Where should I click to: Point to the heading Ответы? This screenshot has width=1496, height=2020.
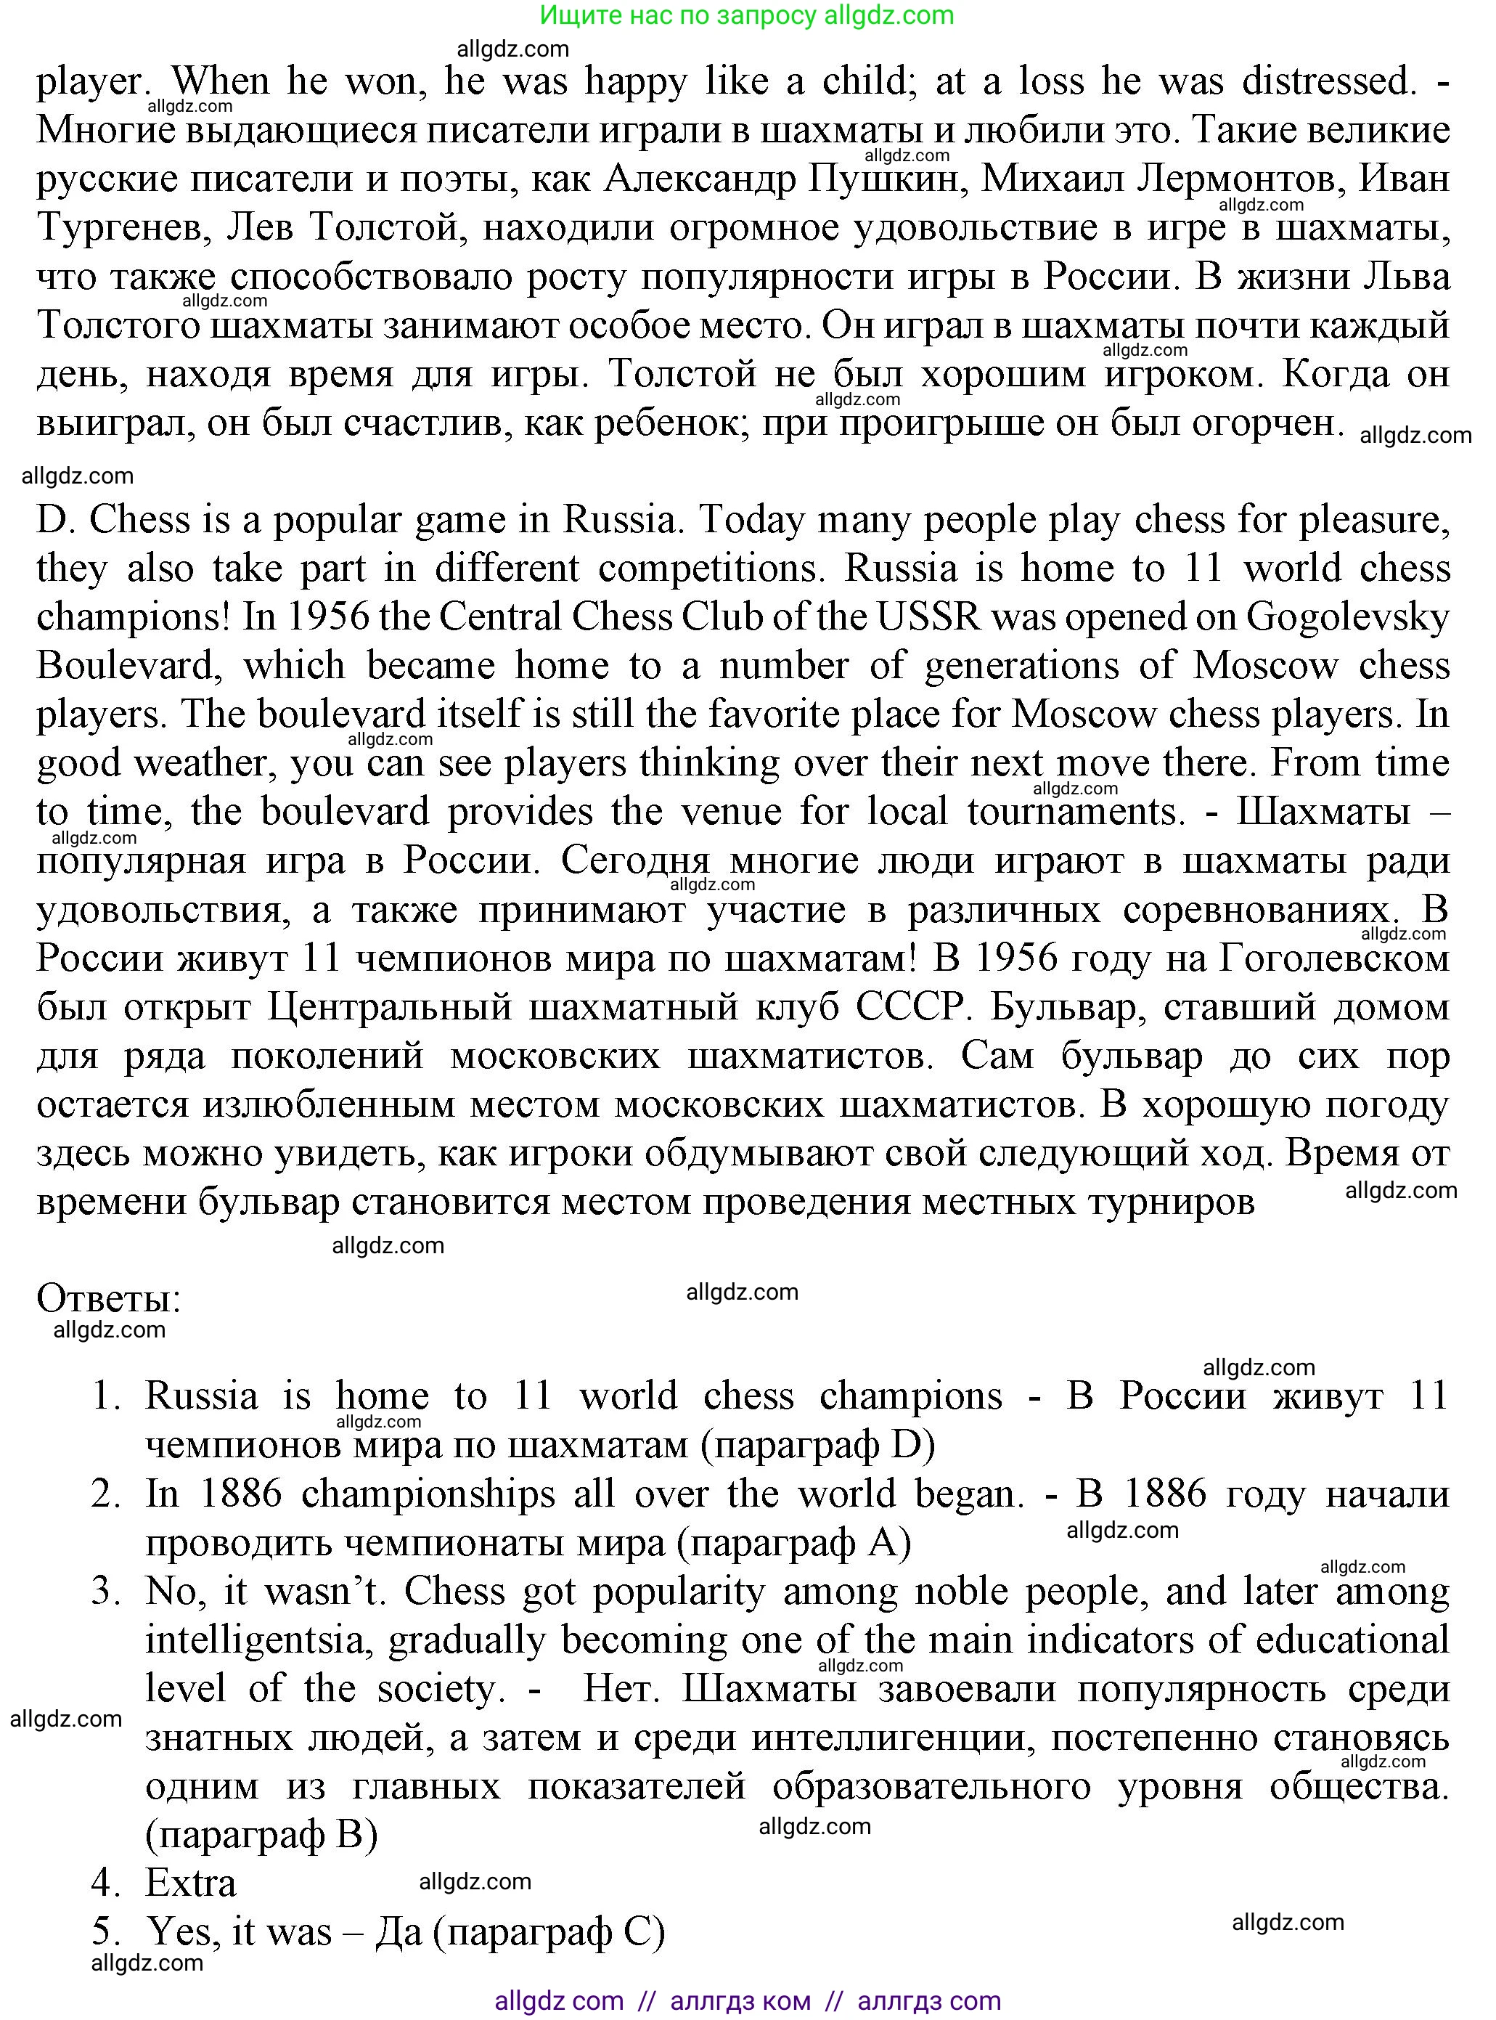(109, 1299)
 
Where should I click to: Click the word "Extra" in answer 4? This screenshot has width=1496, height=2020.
(190, 1883)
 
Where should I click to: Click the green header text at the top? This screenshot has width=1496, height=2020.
(747, 15)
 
